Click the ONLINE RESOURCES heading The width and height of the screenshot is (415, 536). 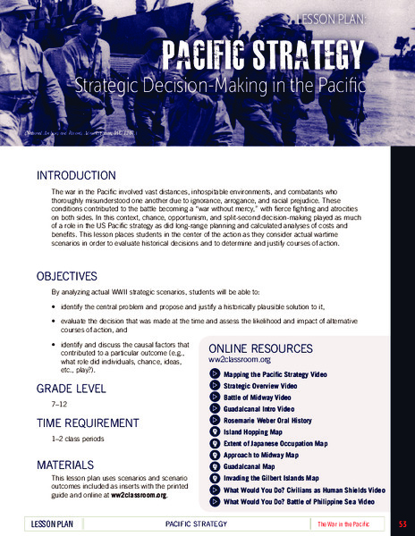[x=261, y=348]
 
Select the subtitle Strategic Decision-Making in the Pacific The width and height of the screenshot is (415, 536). [x=222, y=88]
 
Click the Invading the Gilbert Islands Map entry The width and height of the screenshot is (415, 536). [x=277, y=478]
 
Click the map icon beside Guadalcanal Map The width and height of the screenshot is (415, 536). [x=215, y=466]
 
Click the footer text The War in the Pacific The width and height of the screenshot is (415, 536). [x=344, y=523]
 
